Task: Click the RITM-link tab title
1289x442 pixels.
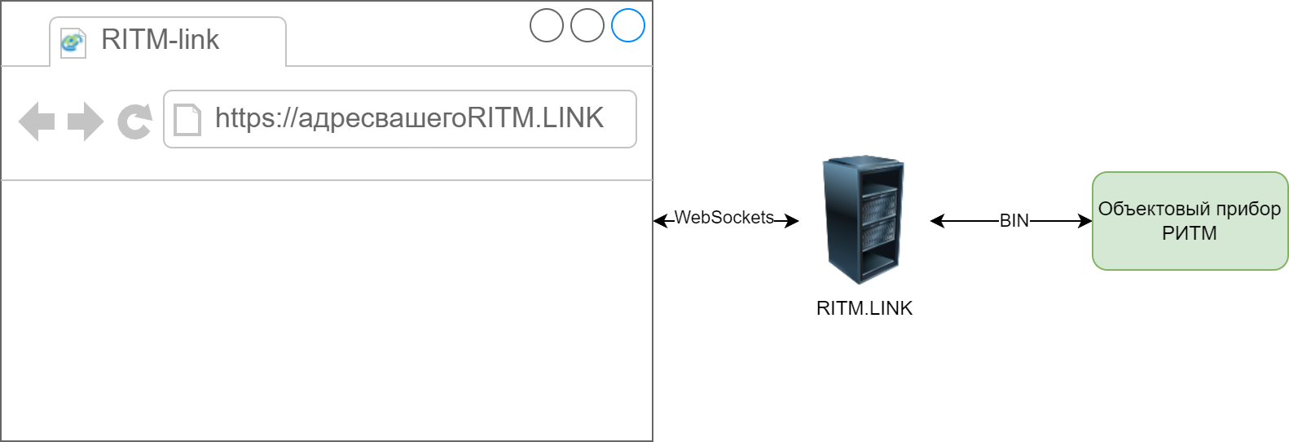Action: click(160, 39)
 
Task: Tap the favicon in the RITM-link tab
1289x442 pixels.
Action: click(73, 42)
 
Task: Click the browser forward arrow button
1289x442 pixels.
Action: click(85, 122)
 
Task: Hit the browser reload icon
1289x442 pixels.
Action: click(134, 122)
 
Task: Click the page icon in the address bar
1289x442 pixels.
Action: click(187, 119)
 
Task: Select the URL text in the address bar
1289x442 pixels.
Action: click(409, 118)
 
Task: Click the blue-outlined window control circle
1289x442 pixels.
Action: click(628, 25)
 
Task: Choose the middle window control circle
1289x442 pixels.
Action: click(587, 25)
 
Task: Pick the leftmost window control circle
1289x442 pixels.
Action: click(547, 25)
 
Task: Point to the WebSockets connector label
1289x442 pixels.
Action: click(724, 218)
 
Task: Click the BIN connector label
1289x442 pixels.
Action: click(1014, 220)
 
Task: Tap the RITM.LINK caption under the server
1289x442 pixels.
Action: click(864, 308)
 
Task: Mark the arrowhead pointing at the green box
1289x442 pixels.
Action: click(1085, 220)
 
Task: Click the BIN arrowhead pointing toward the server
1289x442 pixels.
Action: click(937, 220)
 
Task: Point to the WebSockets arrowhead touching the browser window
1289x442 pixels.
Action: click(660, 220)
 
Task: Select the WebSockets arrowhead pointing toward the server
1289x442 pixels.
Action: click(792, 220)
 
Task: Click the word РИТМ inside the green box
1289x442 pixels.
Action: click(1189, 233)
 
